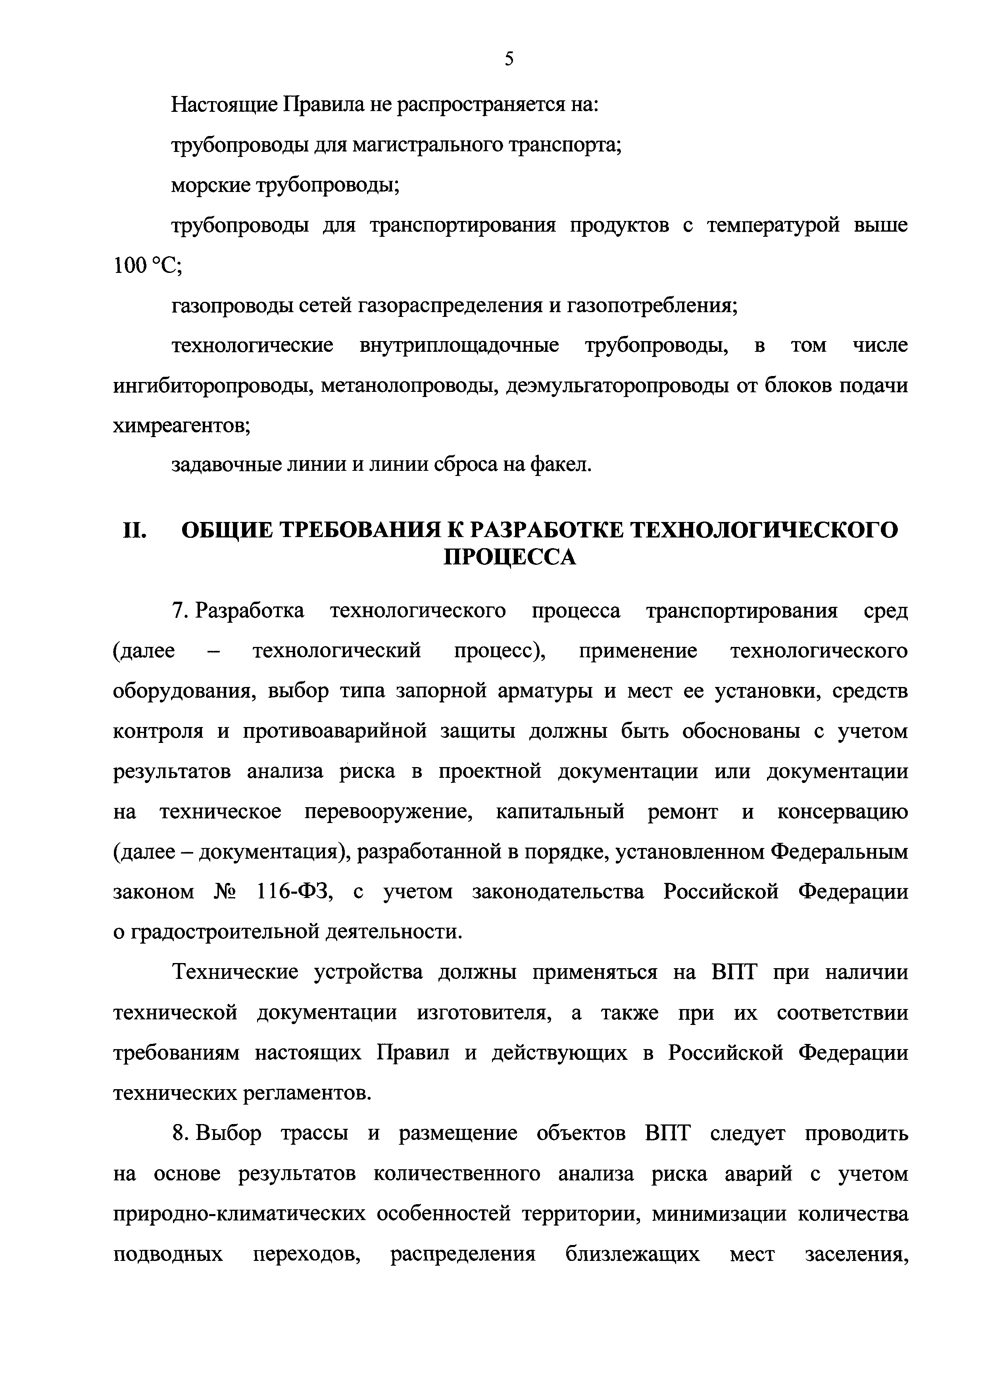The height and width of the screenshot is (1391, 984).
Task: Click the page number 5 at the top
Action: click(509, 59)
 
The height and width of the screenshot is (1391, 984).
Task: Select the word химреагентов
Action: click(181, 426)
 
